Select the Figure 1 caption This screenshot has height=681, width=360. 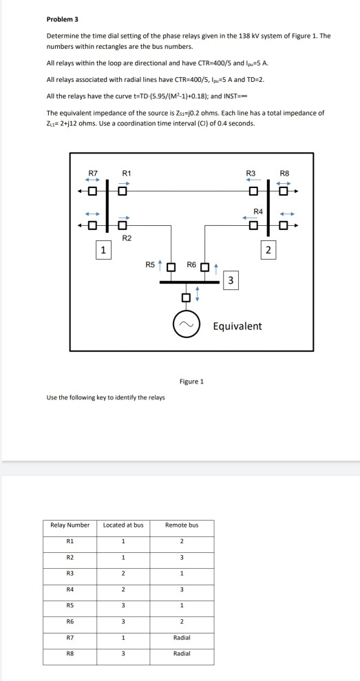(x=191, y=381)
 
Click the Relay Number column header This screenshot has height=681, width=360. (x=71, y=525)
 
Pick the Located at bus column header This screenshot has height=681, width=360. (x=123, y=525)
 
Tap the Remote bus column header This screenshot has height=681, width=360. (x=182, y=525)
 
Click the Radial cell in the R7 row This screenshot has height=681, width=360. (x=182, y=637)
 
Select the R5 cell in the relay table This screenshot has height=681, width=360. (x=71, y=600)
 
